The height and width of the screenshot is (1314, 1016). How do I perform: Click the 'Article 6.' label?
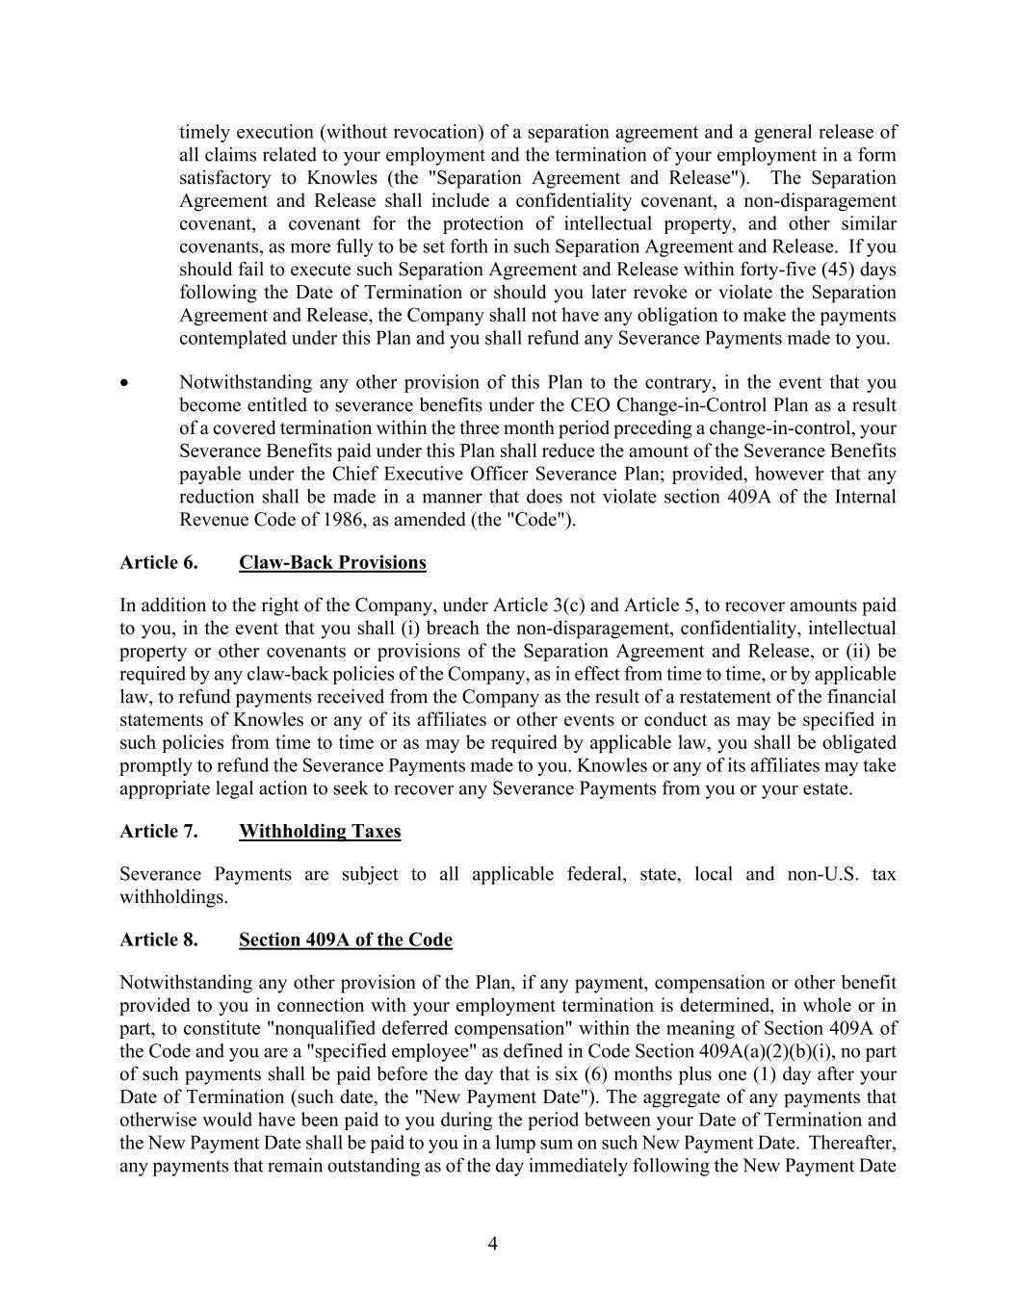tap(159, 563)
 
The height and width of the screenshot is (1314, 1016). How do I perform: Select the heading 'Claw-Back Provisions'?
tap(332, 563)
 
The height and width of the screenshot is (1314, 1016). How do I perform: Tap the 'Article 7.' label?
tap(159, 832)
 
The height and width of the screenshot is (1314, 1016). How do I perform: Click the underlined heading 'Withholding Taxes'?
tap(320, 832)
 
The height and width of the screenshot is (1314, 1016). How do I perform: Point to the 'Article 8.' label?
tap(159, 940)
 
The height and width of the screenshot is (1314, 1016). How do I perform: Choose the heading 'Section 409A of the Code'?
tap(345, 940)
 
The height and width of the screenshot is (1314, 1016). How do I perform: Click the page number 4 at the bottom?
tap(493, 1244)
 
